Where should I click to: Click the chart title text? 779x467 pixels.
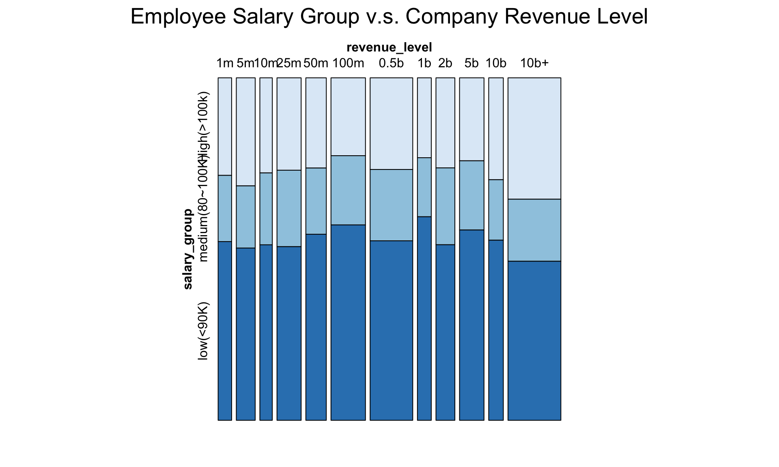point(389,17)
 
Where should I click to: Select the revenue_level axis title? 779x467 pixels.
point(389,47)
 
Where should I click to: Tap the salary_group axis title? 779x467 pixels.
point(187,248)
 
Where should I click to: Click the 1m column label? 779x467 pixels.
point(225,63)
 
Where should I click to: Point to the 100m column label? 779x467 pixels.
point(348,63)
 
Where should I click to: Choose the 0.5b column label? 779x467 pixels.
point(391,63)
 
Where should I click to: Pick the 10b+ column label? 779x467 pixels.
point(534,63)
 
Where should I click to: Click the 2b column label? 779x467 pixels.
point(445,63)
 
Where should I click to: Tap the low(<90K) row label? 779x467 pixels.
point(203,330)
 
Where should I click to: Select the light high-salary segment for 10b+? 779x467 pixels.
point(534,138)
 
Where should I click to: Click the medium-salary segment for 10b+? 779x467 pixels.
point(534,230)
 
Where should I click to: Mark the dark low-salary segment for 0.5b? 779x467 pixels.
point(391,330)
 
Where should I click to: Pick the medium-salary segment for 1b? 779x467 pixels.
point(424,187)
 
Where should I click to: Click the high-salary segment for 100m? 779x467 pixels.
point(348,117)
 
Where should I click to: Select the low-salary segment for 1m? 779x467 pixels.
point(225,331)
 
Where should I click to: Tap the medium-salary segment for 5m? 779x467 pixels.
point(245,217)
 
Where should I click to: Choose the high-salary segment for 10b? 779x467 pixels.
point(495,129)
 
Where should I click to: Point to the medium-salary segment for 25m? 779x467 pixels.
point(289,208)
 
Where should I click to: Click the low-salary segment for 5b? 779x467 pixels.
point(471,325)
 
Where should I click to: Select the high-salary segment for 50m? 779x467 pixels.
point(316,123)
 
